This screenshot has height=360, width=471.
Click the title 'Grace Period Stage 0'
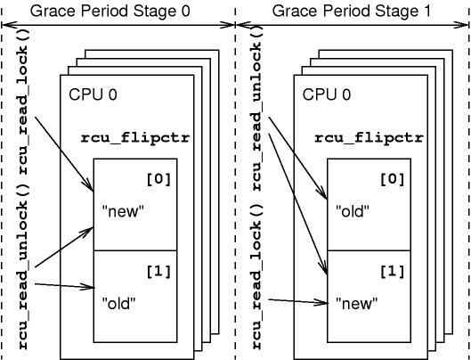pos(118,11)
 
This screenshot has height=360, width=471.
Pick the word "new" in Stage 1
pos(357,303)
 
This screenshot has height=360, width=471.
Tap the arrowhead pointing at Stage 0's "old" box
pos(91,287)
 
